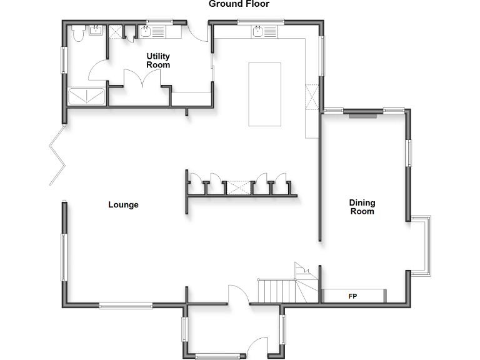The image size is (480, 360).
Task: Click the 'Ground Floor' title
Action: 239,4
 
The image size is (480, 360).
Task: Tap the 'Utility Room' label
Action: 158,61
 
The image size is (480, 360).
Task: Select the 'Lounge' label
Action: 123,205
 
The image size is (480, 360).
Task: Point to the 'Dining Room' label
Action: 362,207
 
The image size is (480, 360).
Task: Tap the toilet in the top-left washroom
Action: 77,34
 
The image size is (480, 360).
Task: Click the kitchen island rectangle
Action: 261,94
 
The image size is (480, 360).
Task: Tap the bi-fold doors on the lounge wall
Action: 57,155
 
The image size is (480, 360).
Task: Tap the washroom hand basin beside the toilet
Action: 97,30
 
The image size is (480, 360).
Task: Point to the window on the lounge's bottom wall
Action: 126,305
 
